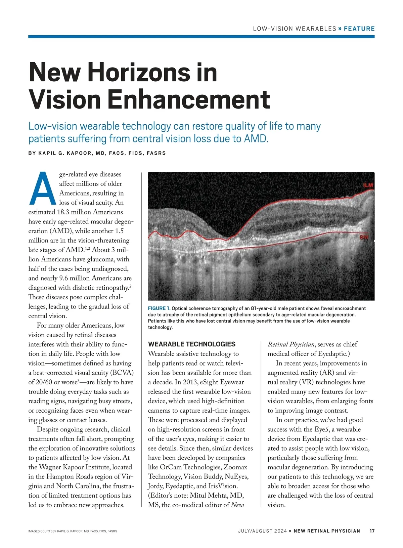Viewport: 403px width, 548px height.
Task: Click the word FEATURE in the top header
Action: [x=359, y=29]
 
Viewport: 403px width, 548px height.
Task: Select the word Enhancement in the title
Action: [x=188, y=99]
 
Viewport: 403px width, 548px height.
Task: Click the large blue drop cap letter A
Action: [x=43, y=188]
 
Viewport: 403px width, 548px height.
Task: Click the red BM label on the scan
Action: [x=364, y=238]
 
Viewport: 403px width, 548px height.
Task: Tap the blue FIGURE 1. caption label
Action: [x=159, y=308]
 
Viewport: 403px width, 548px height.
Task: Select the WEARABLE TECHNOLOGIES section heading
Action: [x=192, y=344]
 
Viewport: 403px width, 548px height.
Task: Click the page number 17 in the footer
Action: [x=372, y=531]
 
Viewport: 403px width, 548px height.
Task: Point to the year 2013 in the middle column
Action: [x=183, y=382]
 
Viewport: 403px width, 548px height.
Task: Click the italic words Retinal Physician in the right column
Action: [x=291, y=344]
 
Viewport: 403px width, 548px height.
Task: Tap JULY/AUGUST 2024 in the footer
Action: [x=262, y=531]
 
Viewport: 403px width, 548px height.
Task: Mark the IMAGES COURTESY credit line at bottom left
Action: [x=73, y=531]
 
